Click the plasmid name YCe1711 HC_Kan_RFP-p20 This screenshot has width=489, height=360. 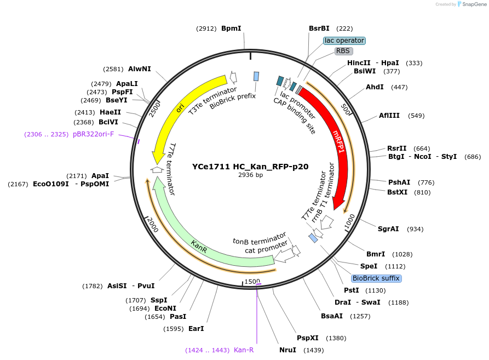250,167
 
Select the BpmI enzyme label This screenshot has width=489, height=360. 231,28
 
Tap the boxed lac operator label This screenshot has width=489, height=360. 344,41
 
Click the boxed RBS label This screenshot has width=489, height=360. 343,51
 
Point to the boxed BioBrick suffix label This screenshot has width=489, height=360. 376,278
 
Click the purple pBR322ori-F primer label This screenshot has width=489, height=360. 93,134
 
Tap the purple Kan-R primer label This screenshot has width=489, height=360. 244,350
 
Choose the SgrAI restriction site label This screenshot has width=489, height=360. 388,229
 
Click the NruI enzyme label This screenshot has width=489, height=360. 287,350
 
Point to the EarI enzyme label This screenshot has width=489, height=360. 195,329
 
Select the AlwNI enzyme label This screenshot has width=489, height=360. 140,69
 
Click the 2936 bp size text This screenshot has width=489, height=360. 250,175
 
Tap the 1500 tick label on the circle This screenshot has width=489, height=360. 252,281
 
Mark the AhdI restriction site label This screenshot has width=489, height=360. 375,87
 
